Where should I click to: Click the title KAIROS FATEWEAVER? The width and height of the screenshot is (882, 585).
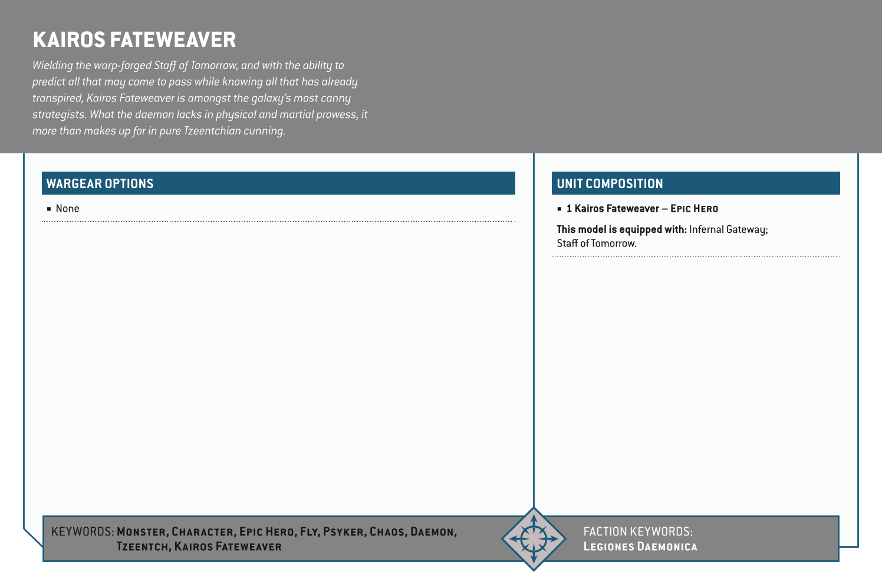(134, 40)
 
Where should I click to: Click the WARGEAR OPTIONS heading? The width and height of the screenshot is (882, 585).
(100, 183)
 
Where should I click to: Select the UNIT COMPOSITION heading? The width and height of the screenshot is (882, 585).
(610, 183)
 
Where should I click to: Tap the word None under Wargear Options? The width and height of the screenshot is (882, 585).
(67, 209)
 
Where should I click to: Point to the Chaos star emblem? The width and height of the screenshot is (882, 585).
(534, 539)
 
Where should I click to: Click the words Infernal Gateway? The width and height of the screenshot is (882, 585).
(728, 229)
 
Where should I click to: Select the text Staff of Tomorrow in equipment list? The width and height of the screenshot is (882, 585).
(596, 244)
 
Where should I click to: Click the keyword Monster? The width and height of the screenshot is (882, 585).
(141, 532)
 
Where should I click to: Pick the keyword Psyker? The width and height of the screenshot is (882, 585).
(344, 532)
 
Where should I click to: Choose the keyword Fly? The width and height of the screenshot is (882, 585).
(308, 532)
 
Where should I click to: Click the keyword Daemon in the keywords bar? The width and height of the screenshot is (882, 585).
(432, 532)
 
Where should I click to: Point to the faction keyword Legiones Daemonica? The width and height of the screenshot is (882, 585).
(640, 547)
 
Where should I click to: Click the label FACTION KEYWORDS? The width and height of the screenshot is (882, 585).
(638, 531)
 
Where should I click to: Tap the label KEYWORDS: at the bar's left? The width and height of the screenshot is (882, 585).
(83, 532)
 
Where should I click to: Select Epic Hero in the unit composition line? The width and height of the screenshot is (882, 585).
(694, 209)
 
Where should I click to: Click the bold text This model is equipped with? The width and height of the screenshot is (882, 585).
(621, 229)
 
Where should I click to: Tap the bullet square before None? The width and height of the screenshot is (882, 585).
(50, 209)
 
